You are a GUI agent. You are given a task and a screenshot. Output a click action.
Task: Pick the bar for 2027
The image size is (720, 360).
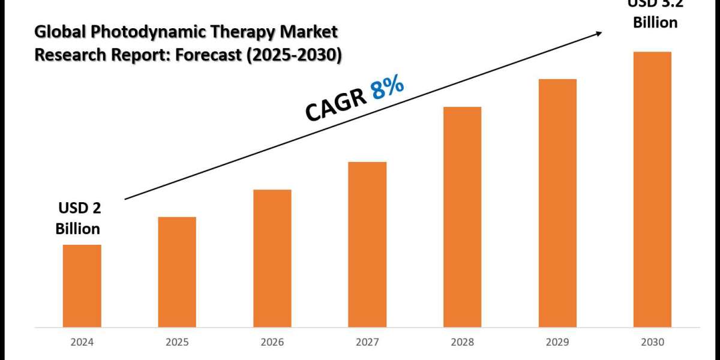click(367, 244)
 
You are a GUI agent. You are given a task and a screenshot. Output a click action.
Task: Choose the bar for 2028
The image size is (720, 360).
click(462, 217)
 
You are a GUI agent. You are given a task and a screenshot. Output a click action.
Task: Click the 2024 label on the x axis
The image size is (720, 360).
click(82, 343)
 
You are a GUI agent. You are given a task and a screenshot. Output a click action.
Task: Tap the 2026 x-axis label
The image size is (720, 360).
click(272, 343)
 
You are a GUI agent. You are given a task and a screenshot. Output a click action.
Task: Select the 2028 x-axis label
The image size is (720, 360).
click(462, 343)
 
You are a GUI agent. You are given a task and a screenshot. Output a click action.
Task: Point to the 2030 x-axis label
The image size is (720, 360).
click(652, 343)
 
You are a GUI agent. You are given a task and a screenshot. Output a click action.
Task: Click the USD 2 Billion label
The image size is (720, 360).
click(78, 218)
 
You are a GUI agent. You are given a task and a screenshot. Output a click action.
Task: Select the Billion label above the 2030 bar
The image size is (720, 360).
click(655, 23)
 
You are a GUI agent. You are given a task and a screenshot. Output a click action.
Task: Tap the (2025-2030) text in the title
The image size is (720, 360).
click(301, 55)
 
